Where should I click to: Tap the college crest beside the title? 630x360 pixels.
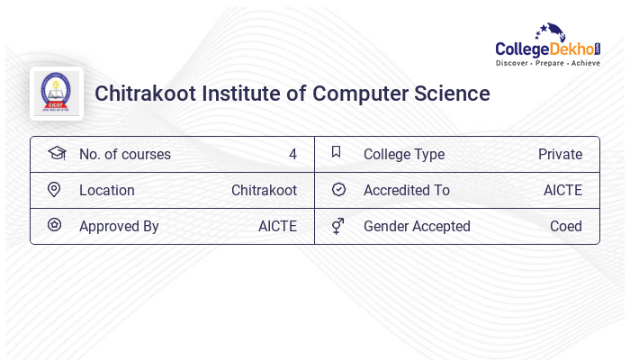tap(56, 93)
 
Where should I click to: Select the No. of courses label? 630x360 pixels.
tap(125, 154)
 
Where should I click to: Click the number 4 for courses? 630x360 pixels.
tap(292, 154)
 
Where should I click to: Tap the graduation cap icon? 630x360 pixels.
tap(56, 153)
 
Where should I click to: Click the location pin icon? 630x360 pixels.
tap(54, 190)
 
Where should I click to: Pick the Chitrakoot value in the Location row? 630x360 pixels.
tap(264, 190)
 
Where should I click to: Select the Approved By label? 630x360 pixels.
tap(119, 226)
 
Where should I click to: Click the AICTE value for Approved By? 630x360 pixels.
tap(277, 226)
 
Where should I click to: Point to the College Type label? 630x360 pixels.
tap(404, 154)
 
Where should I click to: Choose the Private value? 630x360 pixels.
tap(560, 154)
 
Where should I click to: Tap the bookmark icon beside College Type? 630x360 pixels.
tap(337, 152)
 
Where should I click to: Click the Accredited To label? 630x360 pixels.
tap(407, 190)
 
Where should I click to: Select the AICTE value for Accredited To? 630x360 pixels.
tap(562, 190)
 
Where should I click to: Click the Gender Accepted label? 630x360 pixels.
tap(417, 226)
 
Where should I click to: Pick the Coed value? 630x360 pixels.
tap(566, 226)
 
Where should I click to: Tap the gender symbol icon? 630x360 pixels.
tap(337, 226)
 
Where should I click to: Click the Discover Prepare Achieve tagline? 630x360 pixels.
tap(548, 64)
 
